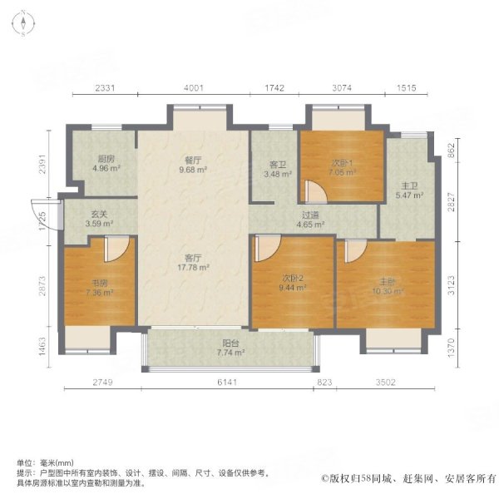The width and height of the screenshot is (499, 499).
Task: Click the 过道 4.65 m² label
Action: coord(311,220)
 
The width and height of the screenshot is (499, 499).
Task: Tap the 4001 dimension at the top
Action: coord(193,87)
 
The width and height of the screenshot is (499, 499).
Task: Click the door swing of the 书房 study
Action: coord(117,248)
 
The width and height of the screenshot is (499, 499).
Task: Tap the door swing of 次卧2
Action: coord(268,248)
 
